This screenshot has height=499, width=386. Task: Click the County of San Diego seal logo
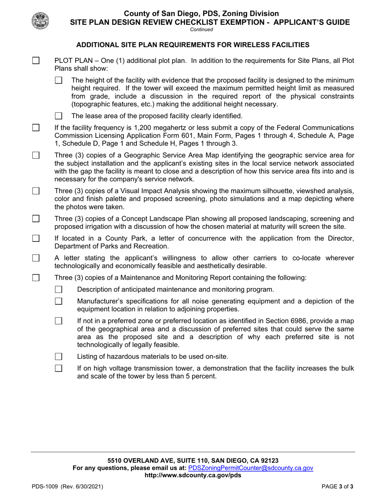(x=40, y=20)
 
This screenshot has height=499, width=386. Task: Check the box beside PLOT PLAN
(x=36, y=61)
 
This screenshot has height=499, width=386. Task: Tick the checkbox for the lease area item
(x=59, y=116)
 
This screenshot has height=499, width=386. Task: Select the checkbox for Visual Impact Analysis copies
(x=36, y=191)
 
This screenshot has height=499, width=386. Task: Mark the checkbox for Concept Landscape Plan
(x=36, y=219)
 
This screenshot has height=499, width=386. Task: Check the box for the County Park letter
(x=36, y=238)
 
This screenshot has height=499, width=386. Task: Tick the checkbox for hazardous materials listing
(x=59, y=357)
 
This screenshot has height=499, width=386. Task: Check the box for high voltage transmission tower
(x=59, y=368)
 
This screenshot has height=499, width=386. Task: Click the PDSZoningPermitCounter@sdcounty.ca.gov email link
(x=251, y=468)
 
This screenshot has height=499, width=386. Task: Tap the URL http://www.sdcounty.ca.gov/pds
(x=193, y=475)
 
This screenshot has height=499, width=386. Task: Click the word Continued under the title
(x=201, y=29)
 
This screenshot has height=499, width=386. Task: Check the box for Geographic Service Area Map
(x=36, y=155)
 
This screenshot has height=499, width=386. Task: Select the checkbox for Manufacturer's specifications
(x=59, y=301)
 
